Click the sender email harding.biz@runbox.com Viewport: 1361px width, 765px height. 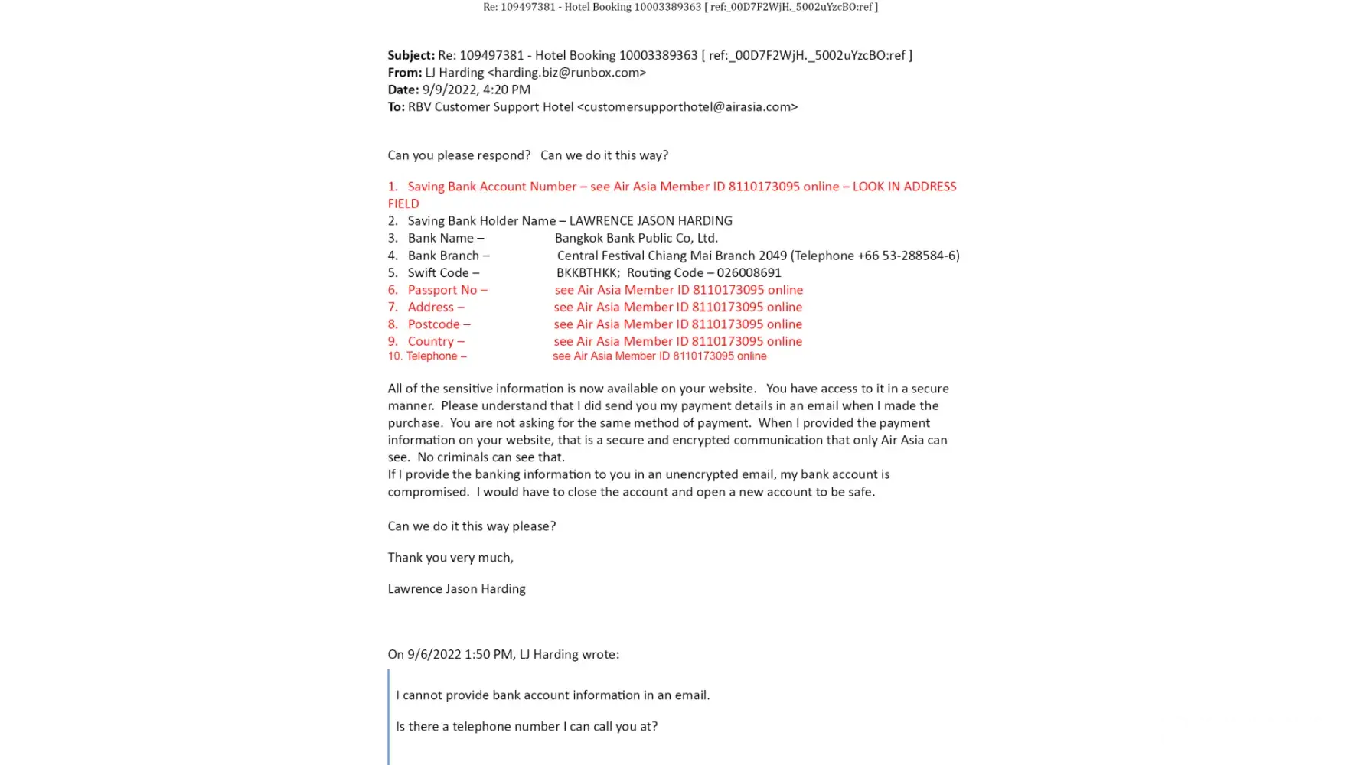click(x=566, y=73)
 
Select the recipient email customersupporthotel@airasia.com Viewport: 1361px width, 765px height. click(x=687, y=107)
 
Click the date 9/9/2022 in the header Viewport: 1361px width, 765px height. click(x=449, y=90)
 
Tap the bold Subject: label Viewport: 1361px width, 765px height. click(x=411, y=55)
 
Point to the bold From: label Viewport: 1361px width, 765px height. click(x=404, y=73)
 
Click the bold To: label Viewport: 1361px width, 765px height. click(x=396, y=107)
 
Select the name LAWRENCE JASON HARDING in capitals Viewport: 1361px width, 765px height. click(x=651, y=221)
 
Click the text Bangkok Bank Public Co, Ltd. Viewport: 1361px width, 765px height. click(x=636, y=238)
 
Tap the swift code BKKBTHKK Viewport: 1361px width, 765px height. click(x=587, y=273)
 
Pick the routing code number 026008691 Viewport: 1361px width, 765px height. click(x=749, y=273)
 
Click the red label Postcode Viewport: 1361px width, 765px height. click(x=439, y=324)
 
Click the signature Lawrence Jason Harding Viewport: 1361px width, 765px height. click(x=456, y=589)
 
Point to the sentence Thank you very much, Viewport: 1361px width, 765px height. click(x=450, y=558)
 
